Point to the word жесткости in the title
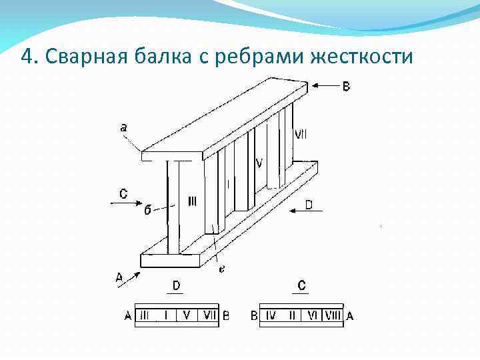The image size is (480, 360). click(x=361, y=57)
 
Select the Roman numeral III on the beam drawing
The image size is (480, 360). click(x=192, y=201)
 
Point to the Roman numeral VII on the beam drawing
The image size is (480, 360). click(x=301, y=134)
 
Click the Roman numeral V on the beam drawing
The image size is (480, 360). click(x=259, y=163)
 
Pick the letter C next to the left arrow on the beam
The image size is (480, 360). click(x=123, y=194)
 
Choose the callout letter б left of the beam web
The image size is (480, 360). click(x=147, y=210)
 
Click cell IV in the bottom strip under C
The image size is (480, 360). click(x=271, y=315)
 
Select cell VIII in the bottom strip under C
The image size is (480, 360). click(x=331, y=315)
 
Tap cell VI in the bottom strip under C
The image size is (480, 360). click(x=312, y=315)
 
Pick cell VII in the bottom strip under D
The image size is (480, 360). click(x=209, y=315)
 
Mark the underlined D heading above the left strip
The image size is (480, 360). click(x=176, y=286)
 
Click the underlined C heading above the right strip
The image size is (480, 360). click(x=302, y=286)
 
